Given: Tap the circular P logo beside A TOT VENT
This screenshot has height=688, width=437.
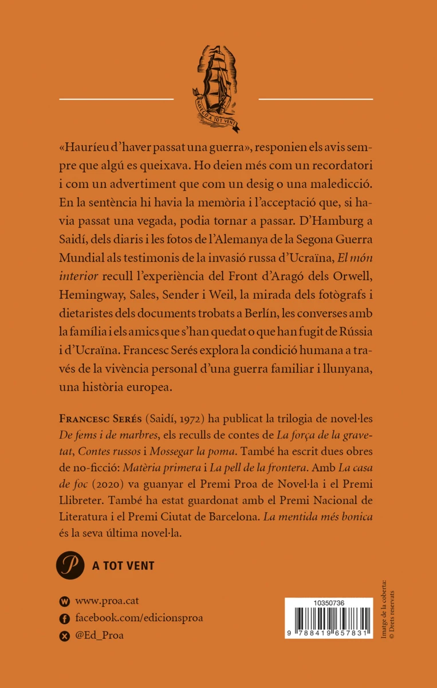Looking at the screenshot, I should click(70, 565).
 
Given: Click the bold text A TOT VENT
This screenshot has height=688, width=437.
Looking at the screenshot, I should click(123, 566).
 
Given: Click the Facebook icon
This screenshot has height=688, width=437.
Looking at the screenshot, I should click(64, 618).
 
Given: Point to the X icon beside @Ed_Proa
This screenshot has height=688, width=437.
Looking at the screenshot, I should click(64, 635).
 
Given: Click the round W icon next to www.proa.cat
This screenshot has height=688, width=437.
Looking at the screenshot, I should click(64, 601).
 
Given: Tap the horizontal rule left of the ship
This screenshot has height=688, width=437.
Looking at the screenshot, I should click(116, 99).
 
